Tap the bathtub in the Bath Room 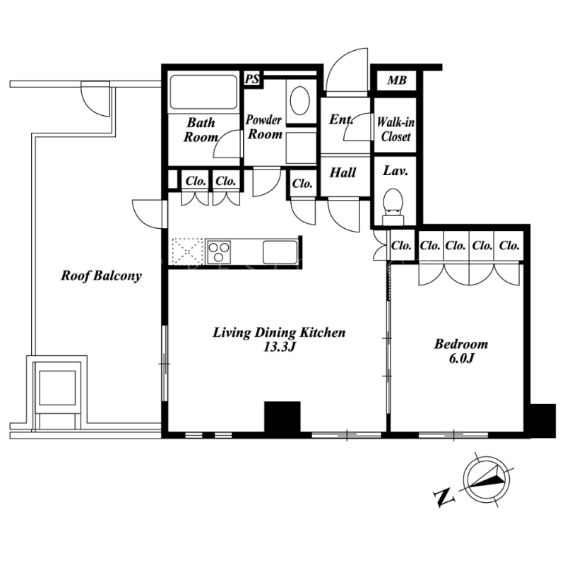(203, 92)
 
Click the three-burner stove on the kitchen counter (218, 251)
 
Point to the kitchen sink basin (280, 252)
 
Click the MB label (397, 80)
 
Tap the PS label (252, 78)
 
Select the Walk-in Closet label (395, 130)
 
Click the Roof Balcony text (101, 276)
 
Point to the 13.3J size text (280, 347)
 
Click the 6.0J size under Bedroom (461, 359)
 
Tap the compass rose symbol (487, 478)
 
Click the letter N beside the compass (444, 498)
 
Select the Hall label (343, 172)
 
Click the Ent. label (341, 119)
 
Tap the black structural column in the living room (282, 417)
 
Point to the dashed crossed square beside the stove (188, 251)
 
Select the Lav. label (395, 171)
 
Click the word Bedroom (461, 344)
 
